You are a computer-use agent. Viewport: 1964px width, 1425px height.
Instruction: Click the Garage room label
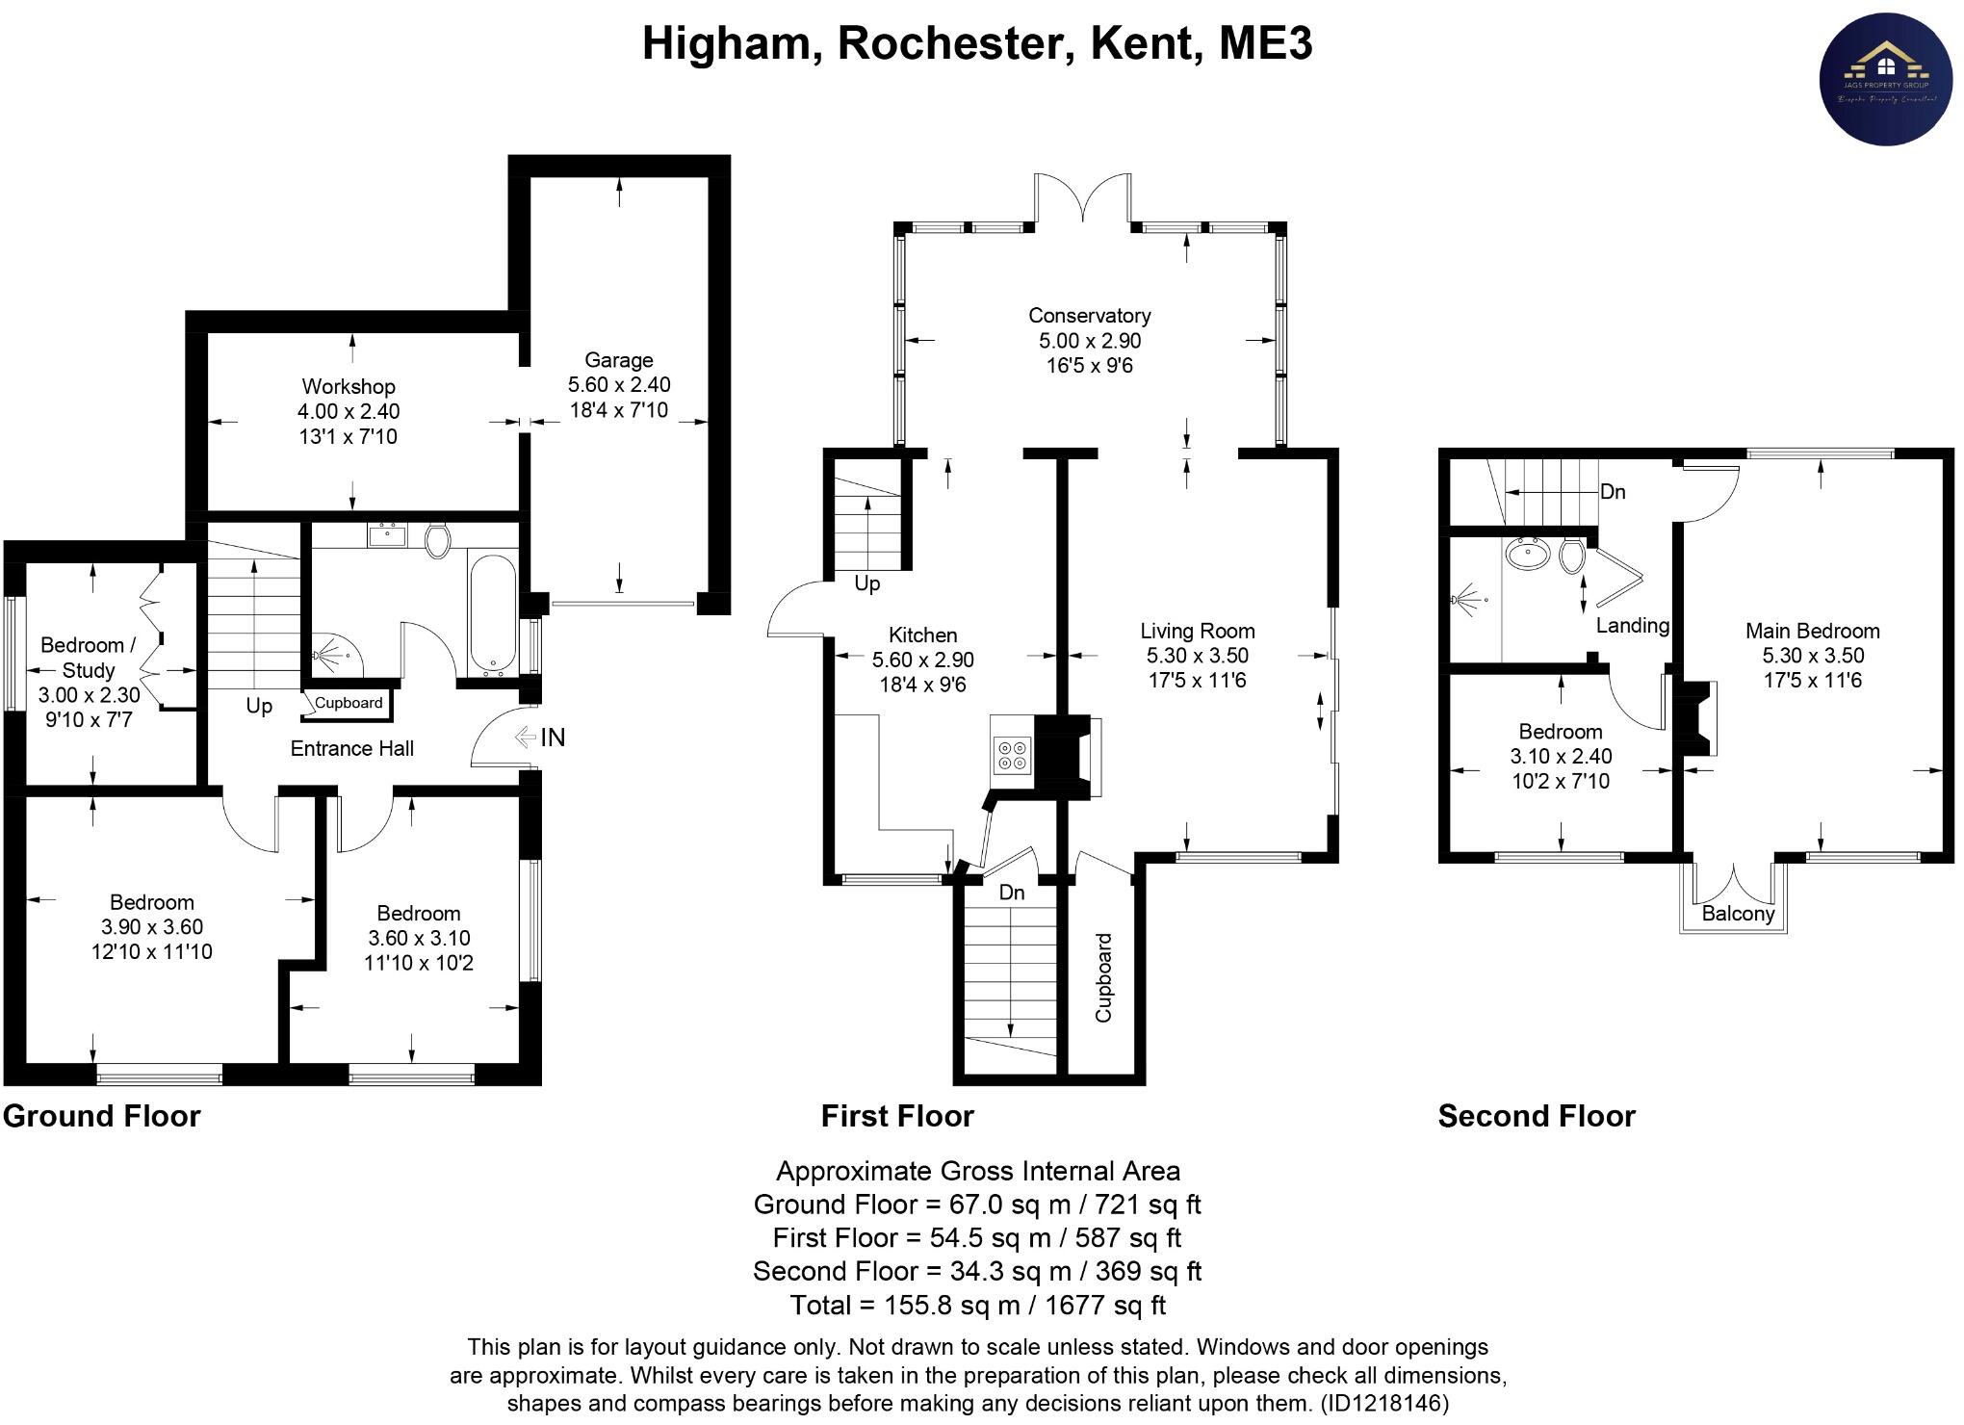618,360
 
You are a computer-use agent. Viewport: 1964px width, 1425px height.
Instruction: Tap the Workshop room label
349,386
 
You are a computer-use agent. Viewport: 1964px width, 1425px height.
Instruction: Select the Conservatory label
1089,316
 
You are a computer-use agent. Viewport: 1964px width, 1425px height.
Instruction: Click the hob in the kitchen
1011,754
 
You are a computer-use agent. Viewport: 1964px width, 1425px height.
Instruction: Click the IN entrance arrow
540,738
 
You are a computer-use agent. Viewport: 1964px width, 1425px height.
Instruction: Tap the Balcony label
1737,914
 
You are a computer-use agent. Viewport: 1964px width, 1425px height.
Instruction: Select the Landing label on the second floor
1632,626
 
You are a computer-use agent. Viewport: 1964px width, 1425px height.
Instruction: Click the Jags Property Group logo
1884,82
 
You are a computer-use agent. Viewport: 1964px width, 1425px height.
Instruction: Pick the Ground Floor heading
102,1116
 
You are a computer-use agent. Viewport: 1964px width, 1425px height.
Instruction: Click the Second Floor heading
1537,1116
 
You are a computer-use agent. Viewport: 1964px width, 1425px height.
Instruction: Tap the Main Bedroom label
1812,632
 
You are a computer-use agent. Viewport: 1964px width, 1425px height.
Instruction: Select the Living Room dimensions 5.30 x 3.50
1197,656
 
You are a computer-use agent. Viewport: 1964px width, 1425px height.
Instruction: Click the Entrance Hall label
352,748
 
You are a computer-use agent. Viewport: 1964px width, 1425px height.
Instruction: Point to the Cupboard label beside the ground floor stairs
349,703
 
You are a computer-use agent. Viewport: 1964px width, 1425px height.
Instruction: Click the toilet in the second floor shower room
1573,556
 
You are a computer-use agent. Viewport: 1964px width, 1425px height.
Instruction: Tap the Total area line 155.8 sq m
977,1306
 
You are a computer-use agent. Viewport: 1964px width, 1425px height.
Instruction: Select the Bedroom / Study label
89,658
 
